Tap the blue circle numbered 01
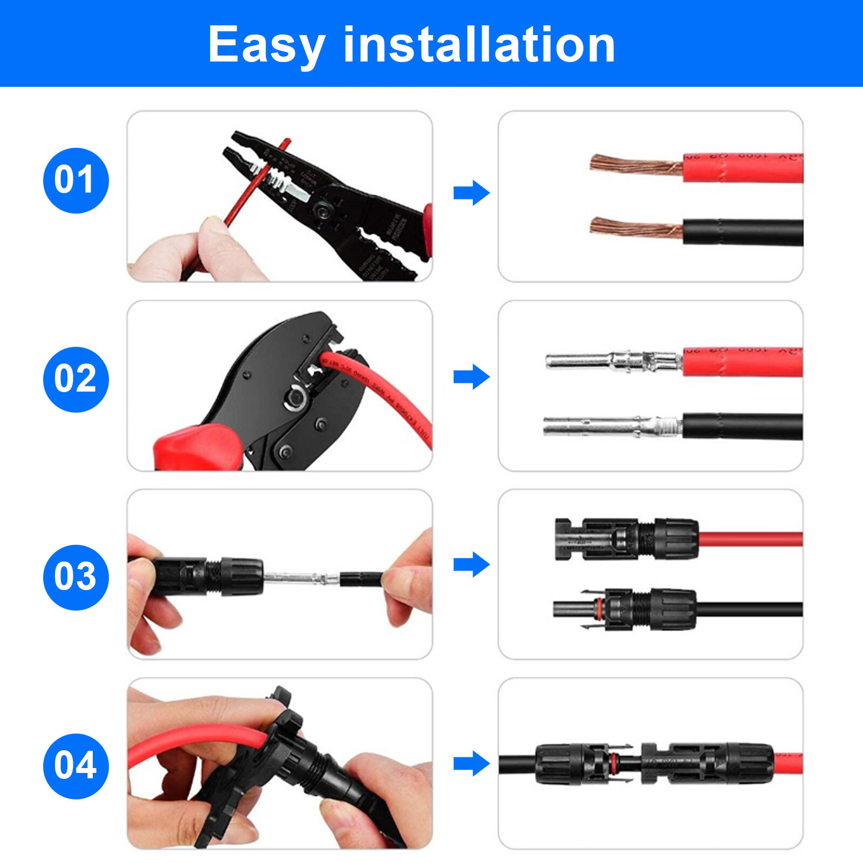pyautogui.click(x=76, y=180)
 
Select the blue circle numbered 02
pyautogui.click(x=76, y=379)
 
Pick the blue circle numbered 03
pyautogui.click(x=76, y=577)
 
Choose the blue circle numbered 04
pyautogui.click(x=76, y=766)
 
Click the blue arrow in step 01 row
pyautogui.click(x=471, y=193)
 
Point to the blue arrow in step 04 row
pyautogui.click(x=471, y=763)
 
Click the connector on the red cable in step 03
pyautogui.click(x=626, y=539)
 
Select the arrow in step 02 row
pyautogui.click(x=471, y=376)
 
